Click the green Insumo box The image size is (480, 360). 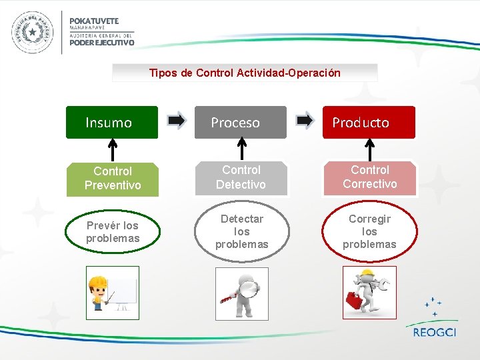click(x=111, y=122)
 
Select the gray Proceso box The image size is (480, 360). click(x=240, y=122)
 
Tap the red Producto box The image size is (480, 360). click(x=369, y=122)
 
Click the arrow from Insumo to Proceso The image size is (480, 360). click(x=177, y=121)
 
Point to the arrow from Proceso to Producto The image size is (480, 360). click(x=305, y=121)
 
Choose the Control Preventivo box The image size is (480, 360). click(x=113, y=179)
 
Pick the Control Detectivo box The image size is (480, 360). click(x=241, y=177)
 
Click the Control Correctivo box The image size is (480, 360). click(x=369, y=177)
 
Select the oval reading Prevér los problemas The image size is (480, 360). click(x=113, y=232)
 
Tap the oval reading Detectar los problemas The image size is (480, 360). click(x=241, y=231)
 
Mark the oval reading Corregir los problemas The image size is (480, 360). click(x=369, y=231)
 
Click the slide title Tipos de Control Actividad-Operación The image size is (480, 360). click(x=245, y=73)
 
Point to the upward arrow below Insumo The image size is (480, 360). click(x=113, y=150)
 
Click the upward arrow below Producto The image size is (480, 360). click(x=370, y=149)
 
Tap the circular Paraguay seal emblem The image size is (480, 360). click(x=31, y=32)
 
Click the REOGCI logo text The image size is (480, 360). click(x=434, y=332)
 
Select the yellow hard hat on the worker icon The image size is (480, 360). click(x=98, y=283)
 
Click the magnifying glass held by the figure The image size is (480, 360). click(x=248, y=288)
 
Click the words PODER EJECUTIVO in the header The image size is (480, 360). click(x=102, y=42)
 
